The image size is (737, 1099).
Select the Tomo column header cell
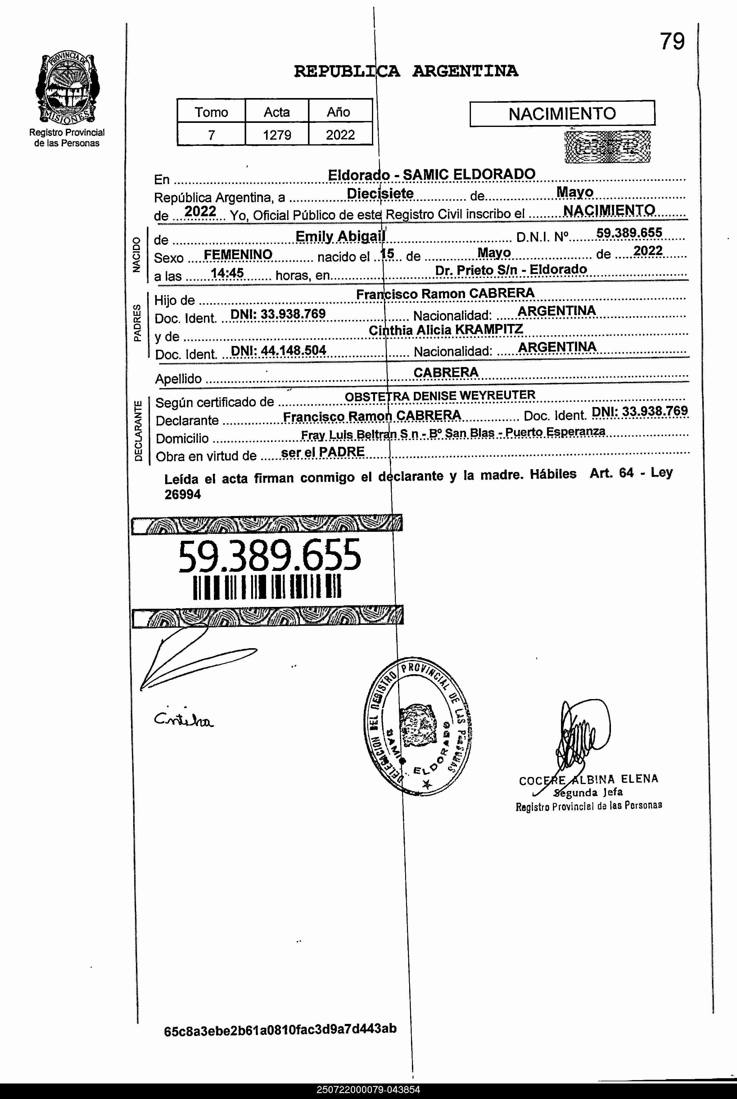(x=211, y=112)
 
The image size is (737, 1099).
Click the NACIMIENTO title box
(x=562, y=114)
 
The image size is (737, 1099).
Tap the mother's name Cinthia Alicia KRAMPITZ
(x=445, y=330)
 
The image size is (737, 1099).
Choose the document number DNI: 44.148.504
(x=278, y=350)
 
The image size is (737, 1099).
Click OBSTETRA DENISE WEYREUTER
(x=440, y=396)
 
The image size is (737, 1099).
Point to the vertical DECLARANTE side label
(x=138, y=431)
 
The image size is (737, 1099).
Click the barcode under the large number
(x=267, y=587)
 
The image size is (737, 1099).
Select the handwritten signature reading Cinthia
(x=183, y=719)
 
